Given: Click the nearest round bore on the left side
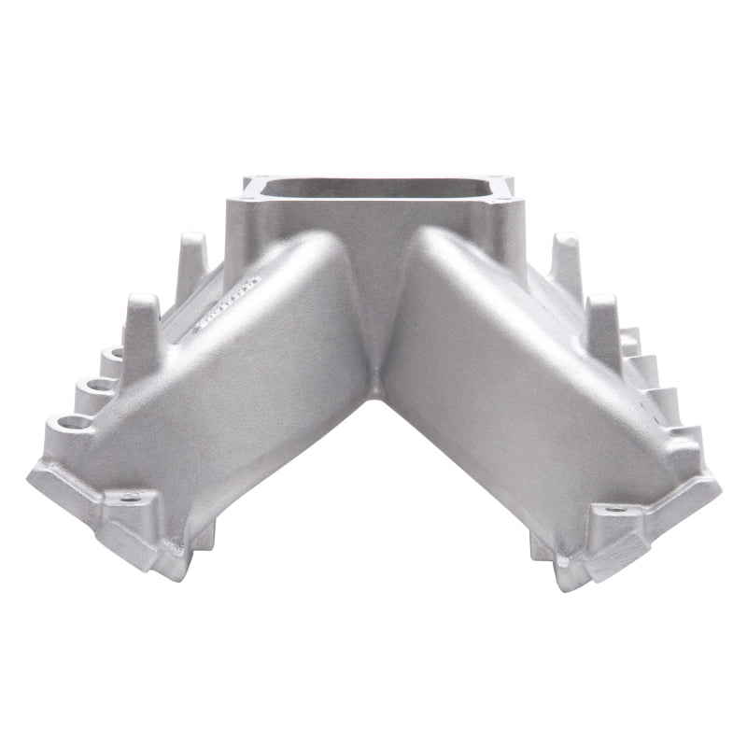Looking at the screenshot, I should coord(63,421).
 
